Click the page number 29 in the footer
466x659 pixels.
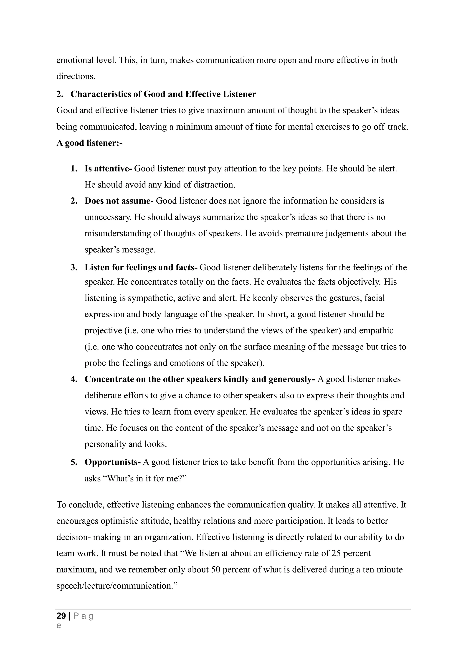coord(61,616)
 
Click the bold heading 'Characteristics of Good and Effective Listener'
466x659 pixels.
coord(163,94)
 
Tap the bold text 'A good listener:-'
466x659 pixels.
coord(89,143)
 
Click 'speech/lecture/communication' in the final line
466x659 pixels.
coord(114,586)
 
